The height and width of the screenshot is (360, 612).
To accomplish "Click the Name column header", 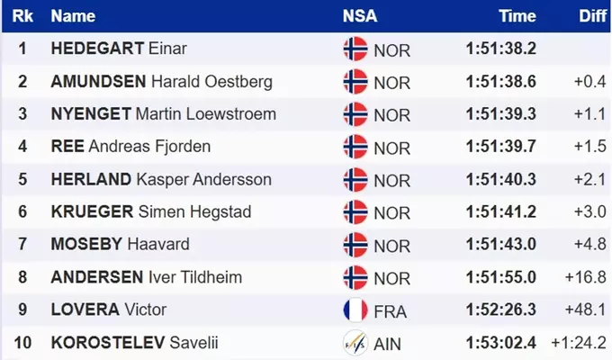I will pos(73,16).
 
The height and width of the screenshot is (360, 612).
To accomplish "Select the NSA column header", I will pos(359,16).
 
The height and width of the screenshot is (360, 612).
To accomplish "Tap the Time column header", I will pos(517,16).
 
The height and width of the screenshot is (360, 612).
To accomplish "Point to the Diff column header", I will pos(592,16).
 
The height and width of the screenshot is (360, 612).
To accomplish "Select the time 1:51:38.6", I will pos(501,82).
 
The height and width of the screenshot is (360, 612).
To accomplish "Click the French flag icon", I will pos(355,310).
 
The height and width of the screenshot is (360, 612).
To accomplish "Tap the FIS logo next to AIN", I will pos(355,343).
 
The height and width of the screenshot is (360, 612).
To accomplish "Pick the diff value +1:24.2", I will pos(579,343).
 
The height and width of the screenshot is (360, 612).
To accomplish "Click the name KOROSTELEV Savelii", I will pos(135,343).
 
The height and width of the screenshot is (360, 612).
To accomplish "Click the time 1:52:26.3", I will pos(501,310).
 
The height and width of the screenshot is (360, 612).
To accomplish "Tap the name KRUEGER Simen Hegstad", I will pos(151,212).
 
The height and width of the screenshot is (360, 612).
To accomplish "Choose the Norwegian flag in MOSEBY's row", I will pos(355,245).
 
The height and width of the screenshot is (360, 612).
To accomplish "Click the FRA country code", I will pos(390,311).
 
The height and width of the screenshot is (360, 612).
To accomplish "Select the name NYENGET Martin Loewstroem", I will pos(164,114).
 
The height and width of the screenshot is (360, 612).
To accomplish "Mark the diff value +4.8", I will pos(590,245).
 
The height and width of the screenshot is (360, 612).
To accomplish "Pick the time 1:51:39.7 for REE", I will pos(501,147).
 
